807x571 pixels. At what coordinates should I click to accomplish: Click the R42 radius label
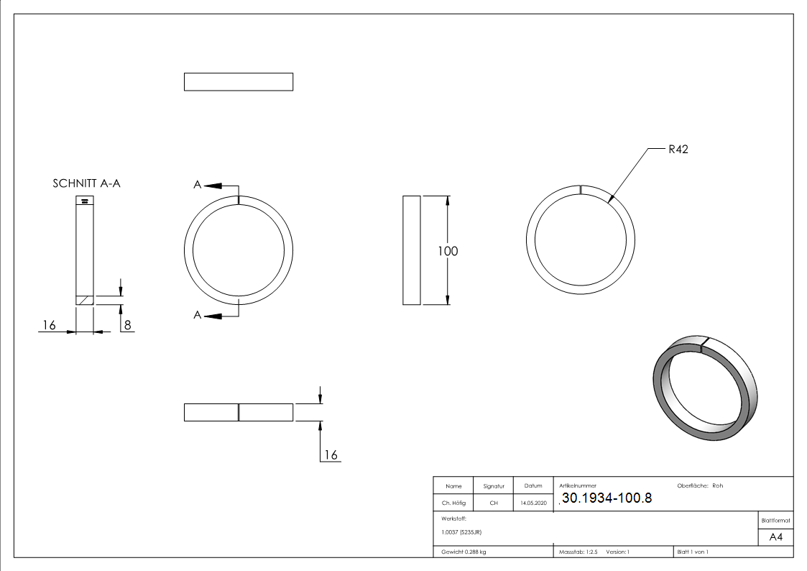point(678,150)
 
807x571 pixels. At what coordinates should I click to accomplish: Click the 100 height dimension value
point(447,251)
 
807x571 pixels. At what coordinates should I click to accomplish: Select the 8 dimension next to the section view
point(128,325)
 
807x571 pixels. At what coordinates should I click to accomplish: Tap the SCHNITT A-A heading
point(86,183)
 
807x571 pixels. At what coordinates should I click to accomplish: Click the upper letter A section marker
point(197,184)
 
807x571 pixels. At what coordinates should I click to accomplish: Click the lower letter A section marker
point(197,314)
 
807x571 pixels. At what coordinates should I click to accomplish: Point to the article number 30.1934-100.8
point(607,498)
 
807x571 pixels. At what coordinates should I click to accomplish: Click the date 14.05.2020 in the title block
point(533,503)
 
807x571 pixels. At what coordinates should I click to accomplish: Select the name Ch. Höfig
point(453,503)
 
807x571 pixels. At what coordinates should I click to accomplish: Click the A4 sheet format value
point(775,537)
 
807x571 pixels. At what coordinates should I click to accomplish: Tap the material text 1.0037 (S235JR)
point(461,532)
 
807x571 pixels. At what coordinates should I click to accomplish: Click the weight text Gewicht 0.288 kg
point(464,552)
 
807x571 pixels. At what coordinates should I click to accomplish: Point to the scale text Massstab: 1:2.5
point(578,552)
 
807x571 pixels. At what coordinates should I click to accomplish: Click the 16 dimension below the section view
point(49,325)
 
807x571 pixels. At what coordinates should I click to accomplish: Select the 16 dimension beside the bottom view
point(331,454)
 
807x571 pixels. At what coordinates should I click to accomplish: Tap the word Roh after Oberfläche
point(717,485)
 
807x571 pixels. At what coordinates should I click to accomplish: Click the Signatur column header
point(494,486)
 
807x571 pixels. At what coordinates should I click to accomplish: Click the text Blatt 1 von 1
point(693,552)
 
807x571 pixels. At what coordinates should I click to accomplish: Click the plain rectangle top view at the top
point(239,82)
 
